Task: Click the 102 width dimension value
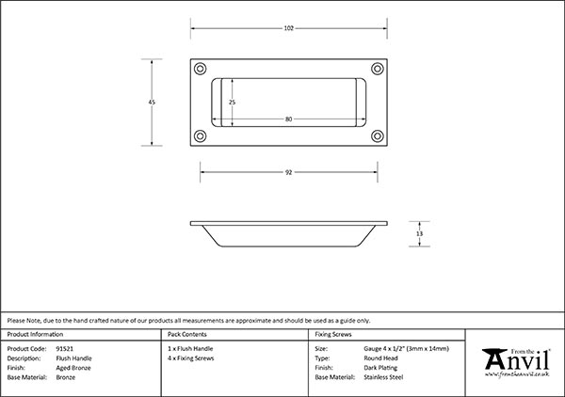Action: (x=289, y=28)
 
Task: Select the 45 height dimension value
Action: (x=152, y=103)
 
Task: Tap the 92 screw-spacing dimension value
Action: (x=289, y=172)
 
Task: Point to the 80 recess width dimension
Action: (x=289, y=119)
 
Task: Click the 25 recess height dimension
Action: (x=232, y=103)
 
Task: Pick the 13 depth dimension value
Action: (x=419, y=234)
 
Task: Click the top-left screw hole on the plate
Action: (x=200, y=69)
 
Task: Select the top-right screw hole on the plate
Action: (x=378, y=69)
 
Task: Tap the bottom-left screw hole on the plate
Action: (x=200, y=136)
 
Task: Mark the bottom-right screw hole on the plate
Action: (x=378, y=136)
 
